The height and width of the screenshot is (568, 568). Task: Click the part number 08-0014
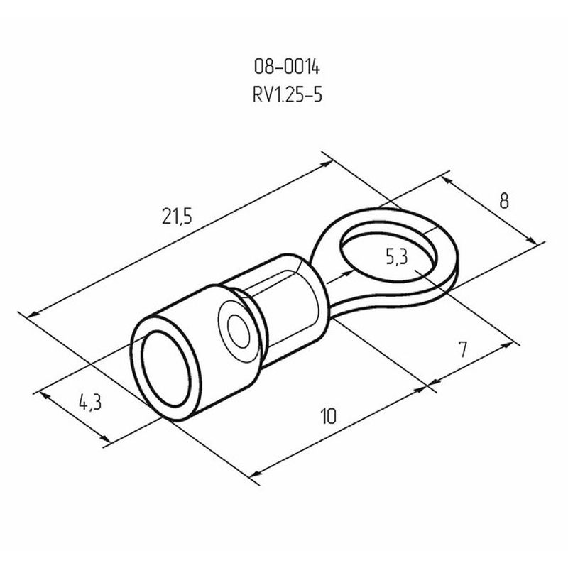click(287, 67)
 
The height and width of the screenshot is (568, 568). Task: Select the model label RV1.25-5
click(288, 95)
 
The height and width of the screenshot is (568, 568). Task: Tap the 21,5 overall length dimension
click(177, 217)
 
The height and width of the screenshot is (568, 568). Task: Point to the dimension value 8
click(504, 201)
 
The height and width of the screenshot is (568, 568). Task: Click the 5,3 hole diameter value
click(397, 257)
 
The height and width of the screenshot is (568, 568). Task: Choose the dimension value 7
click(463, 349)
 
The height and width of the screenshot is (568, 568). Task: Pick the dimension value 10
click(329, 416)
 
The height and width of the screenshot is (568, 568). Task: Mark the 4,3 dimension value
click(90, 403)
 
